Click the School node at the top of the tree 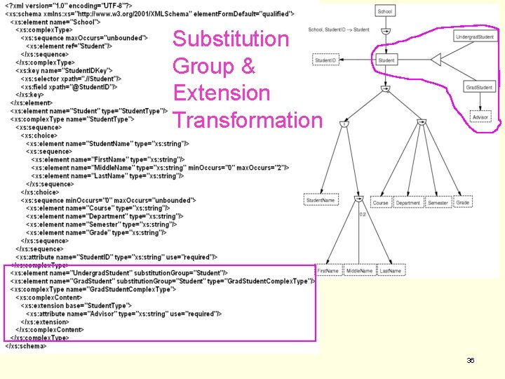point(385,11)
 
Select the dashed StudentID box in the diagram point(325,60)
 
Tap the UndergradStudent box point(474,36)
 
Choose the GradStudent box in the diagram point(479,87)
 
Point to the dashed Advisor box point(480,117)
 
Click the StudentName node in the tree point(321,201)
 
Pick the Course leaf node point(380,203)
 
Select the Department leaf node point(408,203)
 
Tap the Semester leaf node point(438,203)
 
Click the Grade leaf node point(462,202)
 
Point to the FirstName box point(328,270)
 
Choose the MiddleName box point(359,270)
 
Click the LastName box point(391,270)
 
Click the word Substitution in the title point(231,39)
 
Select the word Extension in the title point(221,93)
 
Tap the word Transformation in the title point(248,120)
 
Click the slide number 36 point(471,360)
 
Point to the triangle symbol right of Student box point(436,60)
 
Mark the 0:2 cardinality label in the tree point(363,214)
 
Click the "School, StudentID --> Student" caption point(339,29)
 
